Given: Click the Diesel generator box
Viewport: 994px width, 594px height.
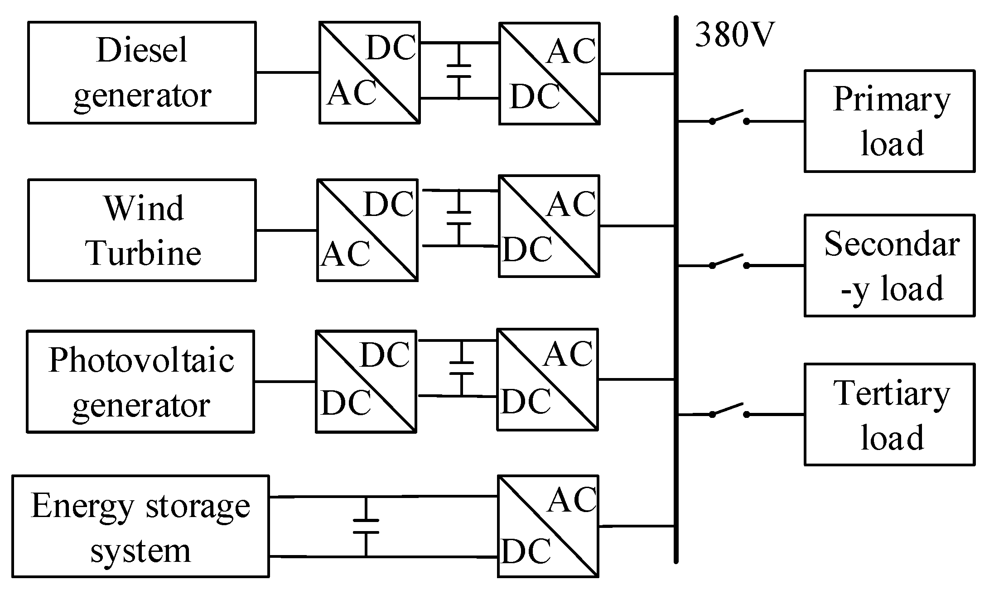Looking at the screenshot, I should pyautogui.click(x=142, y=72).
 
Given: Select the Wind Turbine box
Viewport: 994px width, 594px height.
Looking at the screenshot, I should pyautogui.click(x=142, y=230).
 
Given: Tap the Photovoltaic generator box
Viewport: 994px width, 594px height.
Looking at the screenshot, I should pyautogui.click(x=140, y=381).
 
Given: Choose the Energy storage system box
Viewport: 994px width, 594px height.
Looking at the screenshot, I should pyautogui.click(x=140, y=526).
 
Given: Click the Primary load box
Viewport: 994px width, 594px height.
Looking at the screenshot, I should pyautogui.click(x=889, y=121).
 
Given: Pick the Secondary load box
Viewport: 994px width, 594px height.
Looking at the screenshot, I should pyautogui.click(x=889, y=266).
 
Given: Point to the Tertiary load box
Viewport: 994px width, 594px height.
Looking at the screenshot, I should pyautogui.click(x=889, y=414).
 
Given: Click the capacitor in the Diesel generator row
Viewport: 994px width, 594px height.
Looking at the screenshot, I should pyautogui.click(x=458, y=71).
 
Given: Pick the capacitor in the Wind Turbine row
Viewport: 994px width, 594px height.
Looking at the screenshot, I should pyautogui.click(x=458, y=218).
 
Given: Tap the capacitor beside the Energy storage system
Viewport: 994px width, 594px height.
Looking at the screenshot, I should pyautogui.click(x=366, y=527).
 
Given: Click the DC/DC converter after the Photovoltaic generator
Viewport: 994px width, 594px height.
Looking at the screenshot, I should pyautogui.click(x=366, y=381).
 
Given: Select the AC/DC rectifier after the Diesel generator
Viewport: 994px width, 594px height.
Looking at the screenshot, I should pyautogui.click(x=369, y=72).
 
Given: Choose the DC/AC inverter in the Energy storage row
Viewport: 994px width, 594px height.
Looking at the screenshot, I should pyautogui.click(x=548, y=526).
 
